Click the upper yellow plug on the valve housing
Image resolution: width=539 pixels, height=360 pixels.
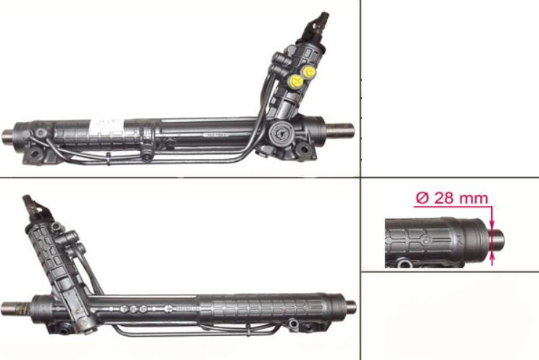(309, 72)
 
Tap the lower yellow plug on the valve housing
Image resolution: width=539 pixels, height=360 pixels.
(296, 81)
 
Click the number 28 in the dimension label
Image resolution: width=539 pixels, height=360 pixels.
(445, 198)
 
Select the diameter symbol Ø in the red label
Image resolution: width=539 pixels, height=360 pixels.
(422, 198)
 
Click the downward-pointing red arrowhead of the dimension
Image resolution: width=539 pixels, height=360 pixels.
(492, 225)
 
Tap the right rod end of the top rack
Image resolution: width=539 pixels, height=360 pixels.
(340, 131)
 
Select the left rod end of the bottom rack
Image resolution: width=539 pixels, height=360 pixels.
(15, 308)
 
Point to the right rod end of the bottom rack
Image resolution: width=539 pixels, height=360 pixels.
(350, 307)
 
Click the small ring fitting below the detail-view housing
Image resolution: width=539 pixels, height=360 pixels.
(404, 264)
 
